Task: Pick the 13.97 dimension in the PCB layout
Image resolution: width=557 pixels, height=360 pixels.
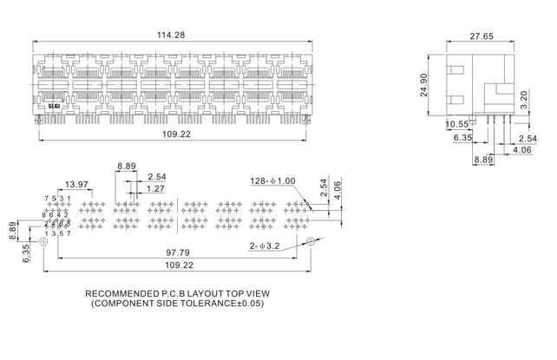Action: pos(77,184)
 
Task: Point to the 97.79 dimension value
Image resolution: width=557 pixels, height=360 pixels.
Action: pos(180,252)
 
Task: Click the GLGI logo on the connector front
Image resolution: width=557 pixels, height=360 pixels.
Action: pos(53,105)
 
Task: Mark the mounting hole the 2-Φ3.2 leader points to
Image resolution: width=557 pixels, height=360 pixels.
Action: pos(309,242)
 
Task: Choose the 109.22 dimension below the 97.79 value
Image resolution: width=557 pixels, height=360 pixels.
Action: pos(180,265)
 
